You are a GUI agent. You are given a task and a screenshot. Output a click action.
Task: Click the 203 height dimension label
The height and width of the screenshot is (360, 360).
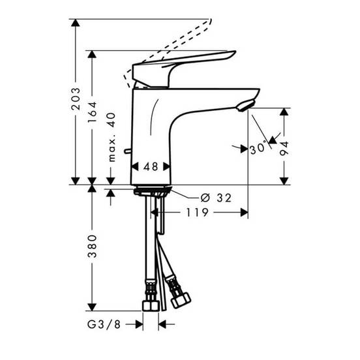76,98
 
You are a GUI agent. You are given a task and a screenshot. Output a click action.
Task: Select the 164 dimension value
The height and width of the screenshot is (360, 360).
93,112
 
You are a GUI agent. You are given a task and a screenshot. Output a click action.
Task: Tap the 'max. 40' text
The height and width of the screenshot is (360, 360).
112,137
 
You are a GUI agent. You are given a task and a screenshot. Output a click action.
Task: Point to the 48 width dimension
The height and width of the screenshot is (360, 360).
151,166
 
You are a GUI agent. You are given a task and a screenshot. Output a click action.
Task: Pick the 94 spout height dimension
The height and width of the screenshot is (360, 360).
284,149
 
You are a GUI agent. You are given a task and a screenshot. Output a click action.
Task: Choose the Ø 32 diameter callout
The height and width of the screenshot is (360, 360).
216,198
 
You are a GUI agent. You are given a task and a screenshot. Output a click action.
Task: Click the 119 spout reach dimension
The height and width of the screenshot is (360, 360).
197,213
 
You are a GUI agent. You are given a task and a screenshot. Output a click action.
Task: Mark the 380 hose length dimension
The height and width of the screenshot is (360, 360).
93,246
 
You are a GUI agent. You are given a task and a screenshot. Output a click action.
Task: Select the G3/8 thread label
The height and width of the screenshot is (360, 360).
104,324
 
